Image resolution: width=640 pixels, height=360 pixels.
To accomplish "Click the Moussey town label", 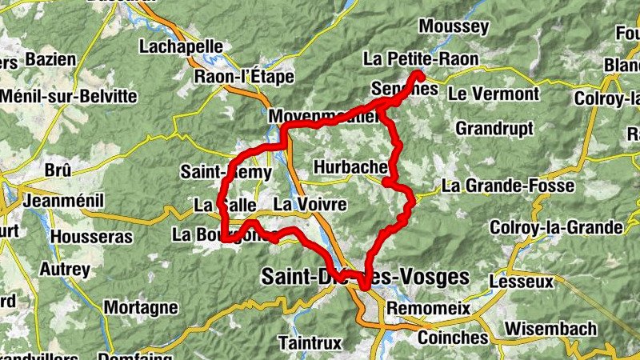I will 454,26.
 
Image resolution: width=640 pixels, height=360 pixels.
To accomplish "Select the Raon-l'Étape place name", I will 244,78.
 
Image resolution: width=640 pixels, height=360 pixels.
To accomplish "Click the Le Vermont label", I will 494,94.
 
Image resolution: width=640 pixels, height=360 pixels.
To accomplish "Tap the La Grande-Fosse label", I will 508,186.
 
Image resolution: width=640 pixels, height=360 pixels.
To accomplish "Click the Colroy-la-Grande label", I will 557,228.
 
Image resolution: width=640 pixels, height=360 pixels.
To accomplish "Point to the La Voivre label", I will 310,205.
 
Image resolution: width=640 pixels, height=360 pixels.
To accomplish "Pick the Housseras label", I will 90,237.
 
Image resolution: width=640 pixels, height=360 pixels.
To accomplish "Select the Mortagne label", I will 141,307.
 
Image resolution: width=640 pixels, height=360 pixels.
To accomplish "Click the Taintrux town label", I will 310,342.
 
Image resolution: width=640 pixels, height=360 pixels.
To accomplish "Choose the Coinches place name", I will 453,338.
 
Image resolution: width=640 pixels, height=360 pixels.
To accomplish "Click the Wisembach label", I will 551,329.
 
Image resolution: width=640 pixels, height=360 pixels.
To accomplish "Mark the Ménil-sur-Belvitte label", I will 70,96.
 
